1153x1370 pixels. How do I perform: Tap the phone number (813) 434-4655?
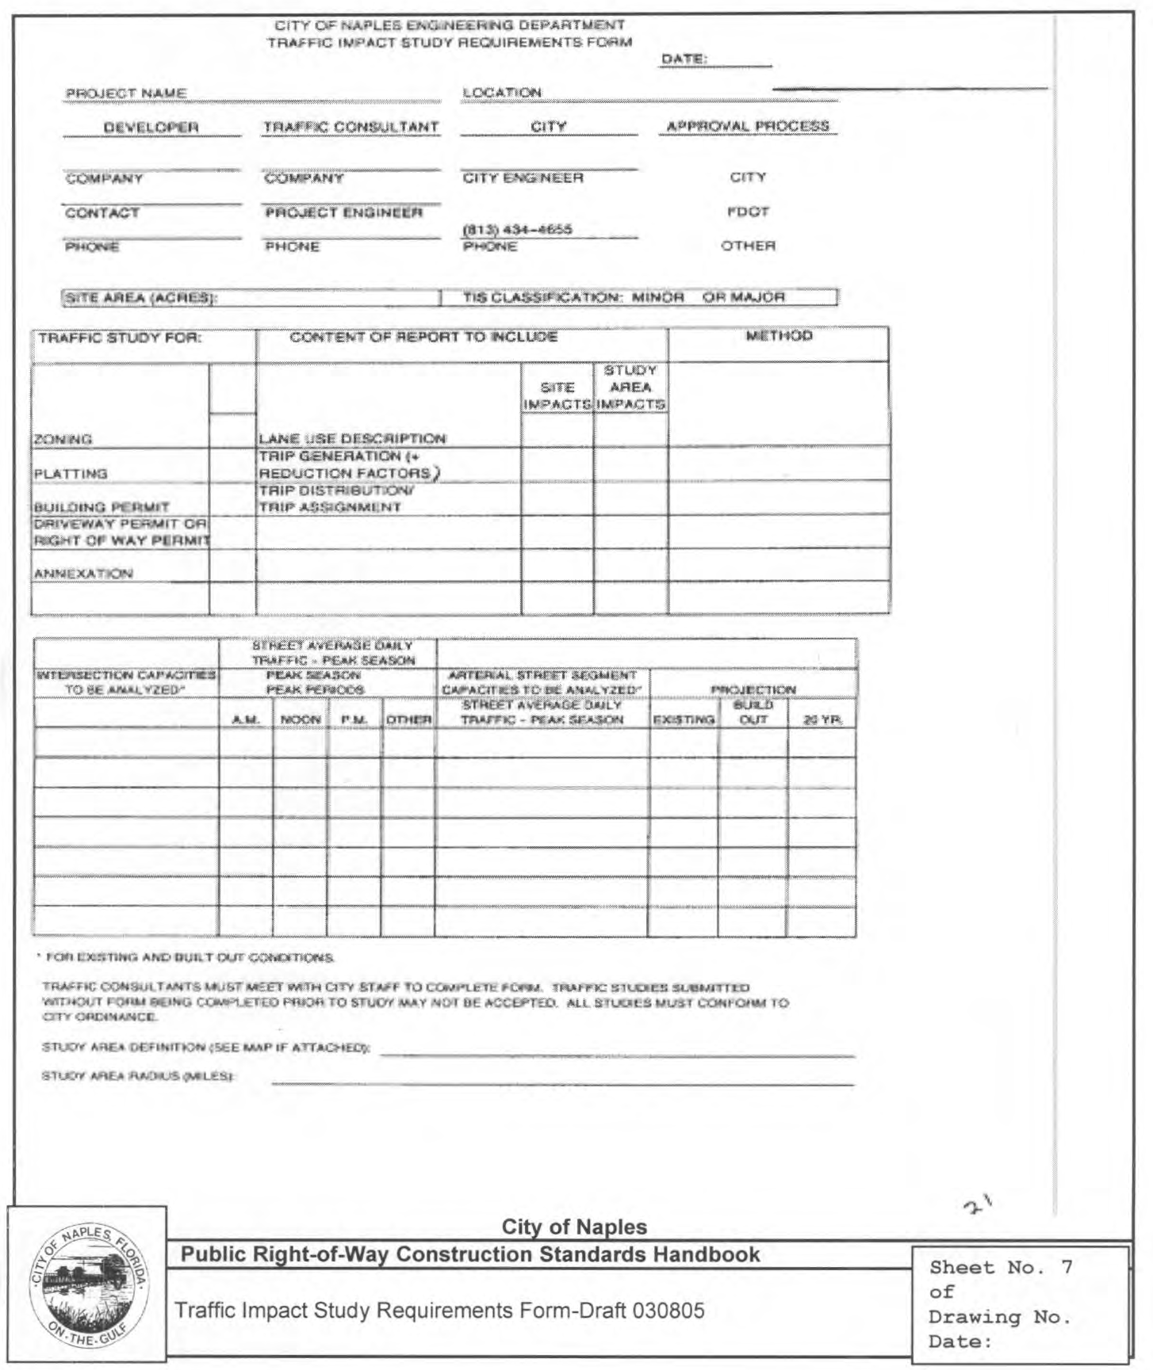[x=517, y=230]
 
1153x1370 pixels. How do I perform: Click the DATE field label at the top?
[x=684, y=59]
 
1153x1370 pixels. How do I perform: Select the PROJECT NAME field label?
[x=126, y=93]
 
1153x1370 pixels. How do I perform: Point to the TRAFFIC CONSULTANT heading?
[x=350, y=127]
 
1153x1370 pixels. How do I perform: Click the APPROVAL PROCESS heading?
[x=748, y=126]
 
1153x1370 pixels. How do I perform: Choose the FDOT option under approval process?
[x=748, y=212]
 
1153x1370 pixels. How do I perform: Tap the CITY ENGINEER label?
[x=523, y=178]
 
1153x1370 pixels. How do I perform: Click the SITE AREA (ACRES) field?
[x=251, y=298]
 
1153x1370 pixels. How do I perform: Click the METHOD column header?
[x=779, y=336]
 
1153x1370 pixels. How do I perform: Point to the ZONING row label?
[x=63, y=439]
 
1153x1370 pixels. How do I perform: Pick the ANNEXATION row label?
[x=83, y=573]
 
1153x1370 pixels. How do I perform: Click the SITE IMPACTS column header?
[x=557, y=395]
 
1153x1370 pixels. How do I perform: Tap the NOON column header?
[x=301, y=719]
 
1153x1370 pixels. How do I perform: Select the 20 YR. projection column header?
[x=822, y=719]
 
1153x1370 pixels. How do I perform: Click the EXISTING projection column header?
[x=684, y=719]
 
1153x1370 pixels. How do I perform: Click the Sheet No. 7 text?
[x=1001, y=1268]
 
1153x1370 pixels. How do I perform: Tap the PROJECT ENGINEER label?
[x=343, y=212]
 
